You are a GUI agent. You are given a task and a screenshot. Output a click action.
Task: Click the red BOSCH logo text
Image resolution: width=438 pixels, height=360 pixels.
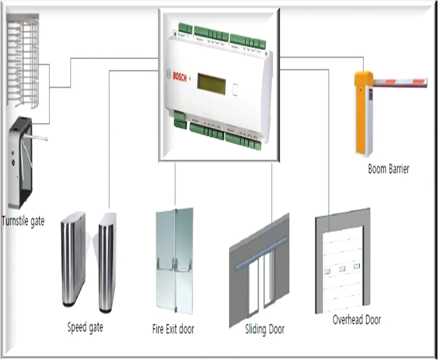point(180,77)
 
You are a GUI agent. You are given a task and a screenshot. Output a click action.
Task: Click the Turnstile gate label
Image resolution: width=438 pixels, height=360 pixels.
point(23,221)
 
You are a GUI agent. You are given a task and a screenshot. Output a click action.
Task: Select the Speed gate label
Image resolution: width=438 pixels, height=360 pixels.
point(85,328)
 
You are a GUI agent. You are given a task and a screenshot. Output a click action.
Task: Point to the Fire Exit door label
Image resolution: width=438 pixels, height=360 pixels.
point(173,329)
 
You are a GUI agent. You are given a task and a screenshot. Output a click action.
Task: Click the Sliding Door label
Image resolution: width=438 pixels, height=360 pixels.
point(265,329)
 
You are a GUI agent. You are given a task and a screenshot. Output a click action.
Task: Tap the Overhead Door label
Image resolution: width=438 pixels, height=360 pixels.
point(357,320)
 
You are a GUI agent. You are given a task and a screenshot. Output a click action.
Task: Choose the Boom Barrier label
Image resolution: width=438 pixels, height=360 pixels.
point(388,169)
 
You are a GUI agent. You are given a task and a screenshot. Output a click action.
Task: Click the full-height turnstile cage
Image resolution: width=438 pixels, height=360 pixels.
point(23,61)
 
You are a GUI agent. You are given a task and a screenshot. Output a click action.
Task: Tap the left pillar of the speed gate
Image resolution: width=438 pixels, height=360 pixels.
point(73,260)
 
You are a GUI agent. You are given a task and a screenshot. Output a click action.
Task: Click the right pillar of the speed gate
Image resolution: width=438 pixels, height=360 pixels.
point(106,263)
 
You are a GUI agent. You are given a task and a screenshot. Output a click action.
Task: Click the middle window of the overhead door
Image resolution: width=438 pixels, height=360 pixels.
point(342,269)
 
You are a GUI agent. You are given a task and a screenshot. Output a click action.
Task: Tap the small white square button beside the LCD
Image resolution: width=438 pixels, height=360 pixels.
point(234,89)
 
